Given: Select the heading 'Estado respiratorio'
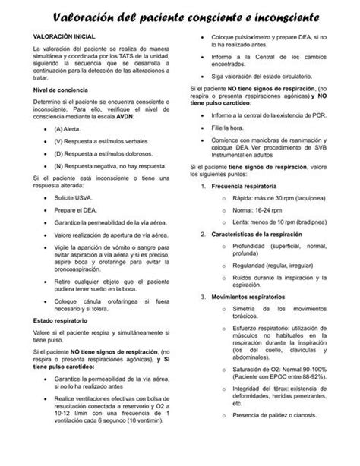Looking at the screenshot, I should [x=58, y=321].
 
